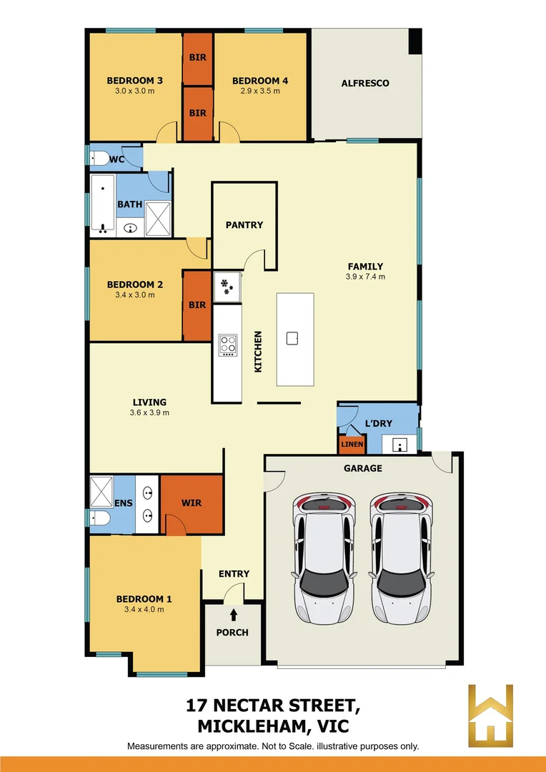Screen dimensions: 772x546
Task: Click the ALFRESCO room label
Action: click(x=365, y=83)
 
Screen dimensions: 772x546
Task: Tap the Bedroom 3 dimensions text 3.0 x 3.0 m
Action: click(x=134, y=91)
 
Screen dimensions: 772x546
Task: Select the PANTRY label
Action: click(x=244, y=224)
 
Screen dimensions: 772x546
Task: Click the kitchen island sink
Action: click(x=292, y=338)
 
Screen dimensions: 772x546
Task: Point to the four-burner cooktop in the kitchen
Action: click(x=227, y=345)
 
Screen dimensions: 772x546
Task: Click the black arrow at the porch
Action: click(x=234, y=614)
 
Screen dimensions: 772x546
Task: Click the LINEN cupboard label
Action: click(x=352, y=444)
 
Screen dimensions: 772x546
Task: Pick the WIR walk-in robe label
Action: click(x=191, y=503)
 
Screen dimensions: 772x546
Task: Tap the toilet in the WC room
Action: click(x=99, y=158)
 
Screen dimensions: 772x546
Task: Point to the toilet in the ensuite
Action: click(x=100, y=518)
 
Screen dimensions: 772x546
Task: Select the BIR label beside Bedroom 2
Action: click(x=197, y=305)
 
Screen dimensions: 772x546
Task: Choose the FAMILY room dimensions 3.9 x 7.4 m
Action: click(x=365, y=277)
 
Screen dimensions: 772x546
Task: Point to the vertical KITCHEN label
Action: click(x=258, y=351)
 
